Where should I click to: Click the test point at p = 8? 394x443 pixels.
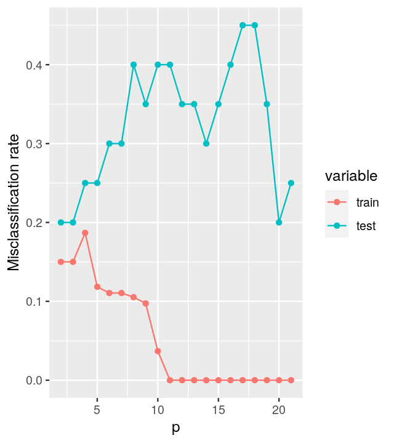pyautogui.click(x=134, y=65)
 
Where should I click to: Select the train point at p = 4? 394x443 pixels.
pyautogui.click(x=85, y=233)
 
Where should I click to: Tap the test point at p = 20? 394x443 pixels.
pyautogui.click(x=279, y=222)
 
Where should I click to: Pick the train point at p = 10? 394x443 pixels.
pyautogui.click(x=158, y=351)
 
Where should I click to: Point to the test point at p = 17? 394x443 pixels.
pyautogui.click(x=243, y=25)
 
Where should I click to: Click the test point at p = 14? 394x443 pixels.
pyautogui.click(x=206, y=143)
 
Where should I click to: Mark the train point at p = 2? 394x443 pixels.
pyautogui.click(x=61, y=261)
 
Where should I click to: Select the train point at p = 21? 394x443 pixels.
pyautogui.click(x=291, y=380)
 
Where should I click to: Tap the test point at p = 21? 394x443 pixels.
pyautogui.click(x=291, y=183)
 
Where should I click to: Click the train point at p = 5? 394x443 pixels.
pyautogui.click(x=97, y=287)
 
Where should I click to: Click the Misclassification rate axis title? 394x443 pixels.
pyautogui.click(x=14, y=202)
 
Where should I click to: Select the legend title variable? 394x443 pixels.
pyautogui.click(x=351, y=177)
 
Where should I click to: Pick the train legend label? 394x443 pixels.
pyautogui.click(x=367, y=202)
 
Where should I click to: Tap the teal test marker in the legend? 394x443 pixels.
pyautogui.click(x=337, y=226)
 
